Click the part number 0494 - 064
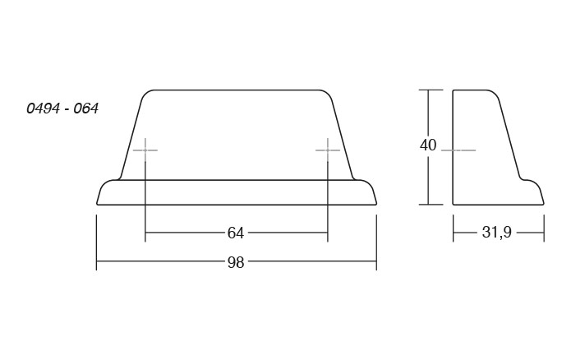[62, 108]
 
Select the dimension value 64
[236, 233]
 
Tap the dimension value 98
[236, 262]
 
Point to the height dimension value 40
[428, 145]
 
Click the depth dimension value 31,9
[497, 232]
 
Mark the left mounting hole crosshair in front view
[145, 150]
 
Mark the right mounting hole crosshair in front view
[328, 150]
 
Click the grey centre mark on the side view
[458, 150]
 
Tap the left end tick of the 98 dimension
[96, 242]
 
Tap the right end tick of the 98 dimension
[376, 242]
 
